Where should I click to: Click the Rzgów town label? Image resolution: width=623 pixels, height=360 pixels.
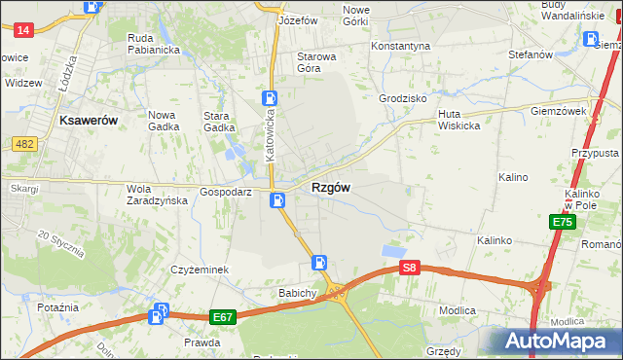(x=331, y=187)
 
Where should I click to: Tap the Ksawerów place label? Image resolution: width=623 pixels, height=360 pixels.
(x=89, y=120)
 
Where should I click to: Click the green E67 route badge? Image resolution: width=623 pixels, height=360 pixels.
(x=222, y=317)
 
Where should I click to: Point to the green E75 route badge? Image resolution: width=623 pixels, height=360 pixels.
(x=562, y=223)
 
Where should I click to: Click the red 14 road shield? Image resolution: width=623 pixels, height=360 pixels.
(x=24, y=30)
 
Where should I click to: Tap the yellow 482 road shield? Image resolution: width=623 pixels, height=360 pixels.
(x=24, y=143)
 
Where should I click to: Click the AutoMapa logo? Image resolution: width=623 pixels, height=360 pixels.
(x=554, y=342)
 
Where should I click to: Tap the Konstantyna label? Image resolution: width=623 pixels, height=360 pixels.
(x=401, y=46)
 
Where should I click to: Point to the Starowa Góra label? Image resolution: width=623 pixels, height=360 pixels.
(x=316, y=63)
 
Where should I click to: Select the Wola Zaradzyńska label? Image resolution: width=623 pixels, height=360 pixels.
(x=157, y=195)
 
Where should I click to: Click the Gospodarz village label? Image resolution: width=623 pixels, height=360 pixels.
(x=226, y=193)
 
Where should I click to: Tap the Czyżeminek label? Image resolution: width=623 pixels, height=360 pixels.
(x=199, y=270)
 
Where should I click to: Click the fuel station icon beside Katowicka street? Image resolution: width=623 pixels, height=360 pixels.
(x=269, y=98)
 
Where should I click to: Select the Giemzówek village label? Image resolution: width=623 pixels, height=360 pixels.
(x=559, y=112)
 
